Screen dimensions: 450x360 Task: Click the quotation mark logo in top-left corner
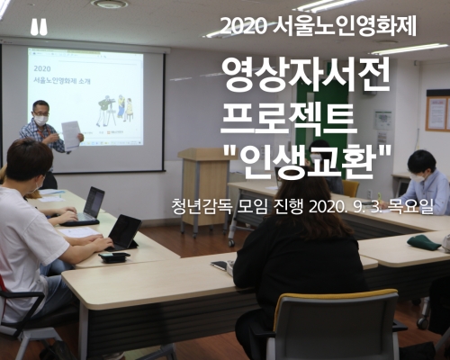pos(39,28)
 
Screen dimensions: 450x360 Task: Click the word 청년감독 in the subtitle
pos(202,207)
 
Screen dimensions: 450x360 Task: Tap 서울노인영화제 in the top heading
pos(345,26)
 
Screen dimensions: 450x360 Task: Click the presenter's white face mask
pos(40,120)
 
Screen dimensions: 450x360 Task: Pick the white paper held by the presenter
pos(71,135)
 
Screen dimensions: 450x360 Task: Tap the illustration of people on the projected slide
pos(115,110)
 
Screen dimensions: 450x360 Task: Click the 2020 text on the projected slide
pos(42,68)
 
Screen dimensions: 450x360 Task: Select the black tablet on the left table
pos(123,232)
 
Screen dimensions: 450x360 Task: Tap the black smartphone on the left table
pos(114,257)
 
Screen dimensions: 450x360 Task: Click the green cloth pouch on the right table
pos(424,242)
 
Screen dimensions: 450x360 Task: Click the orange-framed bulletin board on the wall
pos(437,110)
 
